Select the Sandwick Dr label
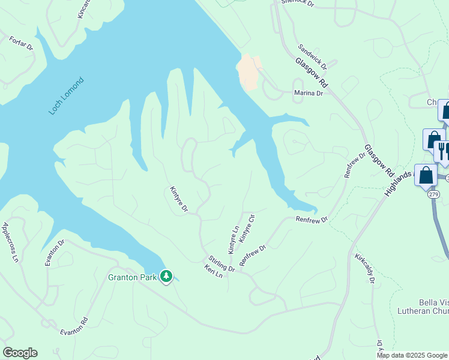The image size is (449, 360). (312, 56)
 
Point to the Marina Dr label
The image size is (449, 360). (309, 93)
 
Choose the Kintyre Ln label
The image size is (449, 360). (233, 239)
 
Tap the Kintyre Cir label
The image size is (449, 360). (247, 228)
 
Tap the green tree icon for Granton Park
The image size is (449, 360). (166, 277)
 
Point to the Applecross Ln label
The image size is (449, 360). (11, 242)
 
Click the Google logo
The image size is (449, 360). (20, 353)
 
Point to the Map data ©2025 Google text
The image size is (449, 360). (412, 355)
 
